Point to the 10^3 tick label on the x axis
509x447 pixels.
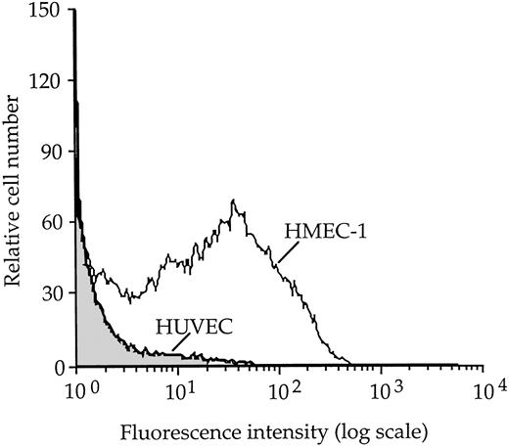click(x=383, y=393)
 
